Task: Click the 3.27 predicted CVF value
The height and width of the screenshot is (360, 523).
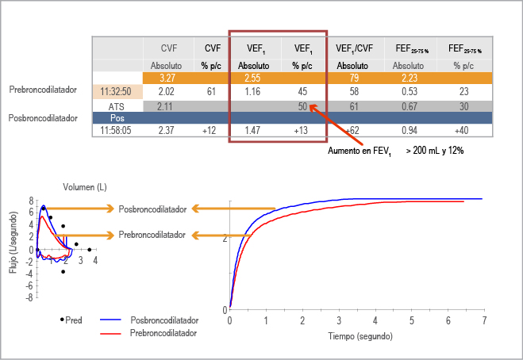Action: tap(167, 79)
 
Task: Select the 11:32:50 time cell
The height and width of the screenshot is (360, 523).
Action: tap(117, 92)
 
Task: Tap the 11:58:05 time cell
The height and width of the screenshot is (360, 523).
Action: tap(117, 130)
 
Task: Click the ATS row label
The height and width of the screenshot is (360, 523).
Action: tap(117, 105)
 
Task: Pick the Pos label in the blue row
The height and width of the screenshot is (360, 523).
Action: tap(117, 117)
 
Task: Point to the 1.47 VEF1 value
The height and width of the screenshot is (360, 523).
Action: tap(253, 130)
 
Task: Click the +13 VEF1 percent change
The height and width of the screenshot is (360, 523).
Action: tap(302, 130)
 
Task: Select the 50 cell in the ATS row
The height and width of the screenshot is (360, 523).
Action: tap(302, 105)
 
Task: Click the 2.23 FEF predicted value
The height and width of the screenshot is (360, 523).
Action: tap(410, 79)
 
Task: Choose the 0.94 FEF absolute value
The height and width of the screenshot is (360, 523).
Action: tap(410, 130)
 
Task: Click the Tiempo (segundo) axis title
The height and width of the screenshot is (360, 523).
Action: tap(359, 335)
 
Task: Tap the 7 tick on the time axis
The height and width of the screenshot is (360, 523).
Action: tap(483, 320)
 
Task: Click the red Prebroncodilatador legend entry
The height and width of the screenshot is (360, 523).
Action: tap(163, 333)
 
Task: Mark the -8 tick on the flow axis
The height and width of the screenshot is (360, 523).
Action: tap(29, 297)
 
